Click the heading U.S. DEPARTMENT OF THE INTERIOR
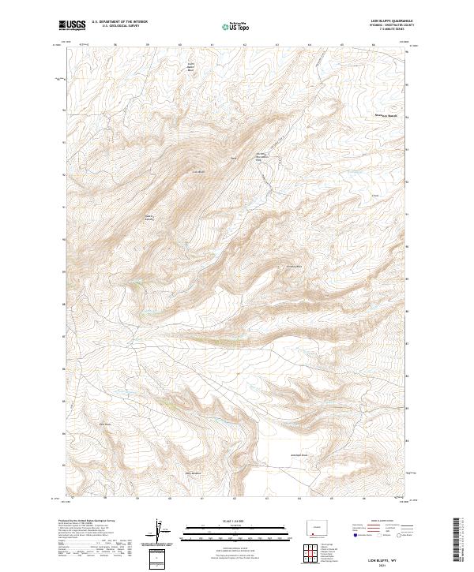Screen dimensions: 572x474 pos(119,22)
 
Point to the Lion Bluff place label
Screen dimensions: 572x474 pos(199,171)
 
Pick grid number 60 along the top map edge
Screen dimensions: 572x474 pos(180,45)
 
